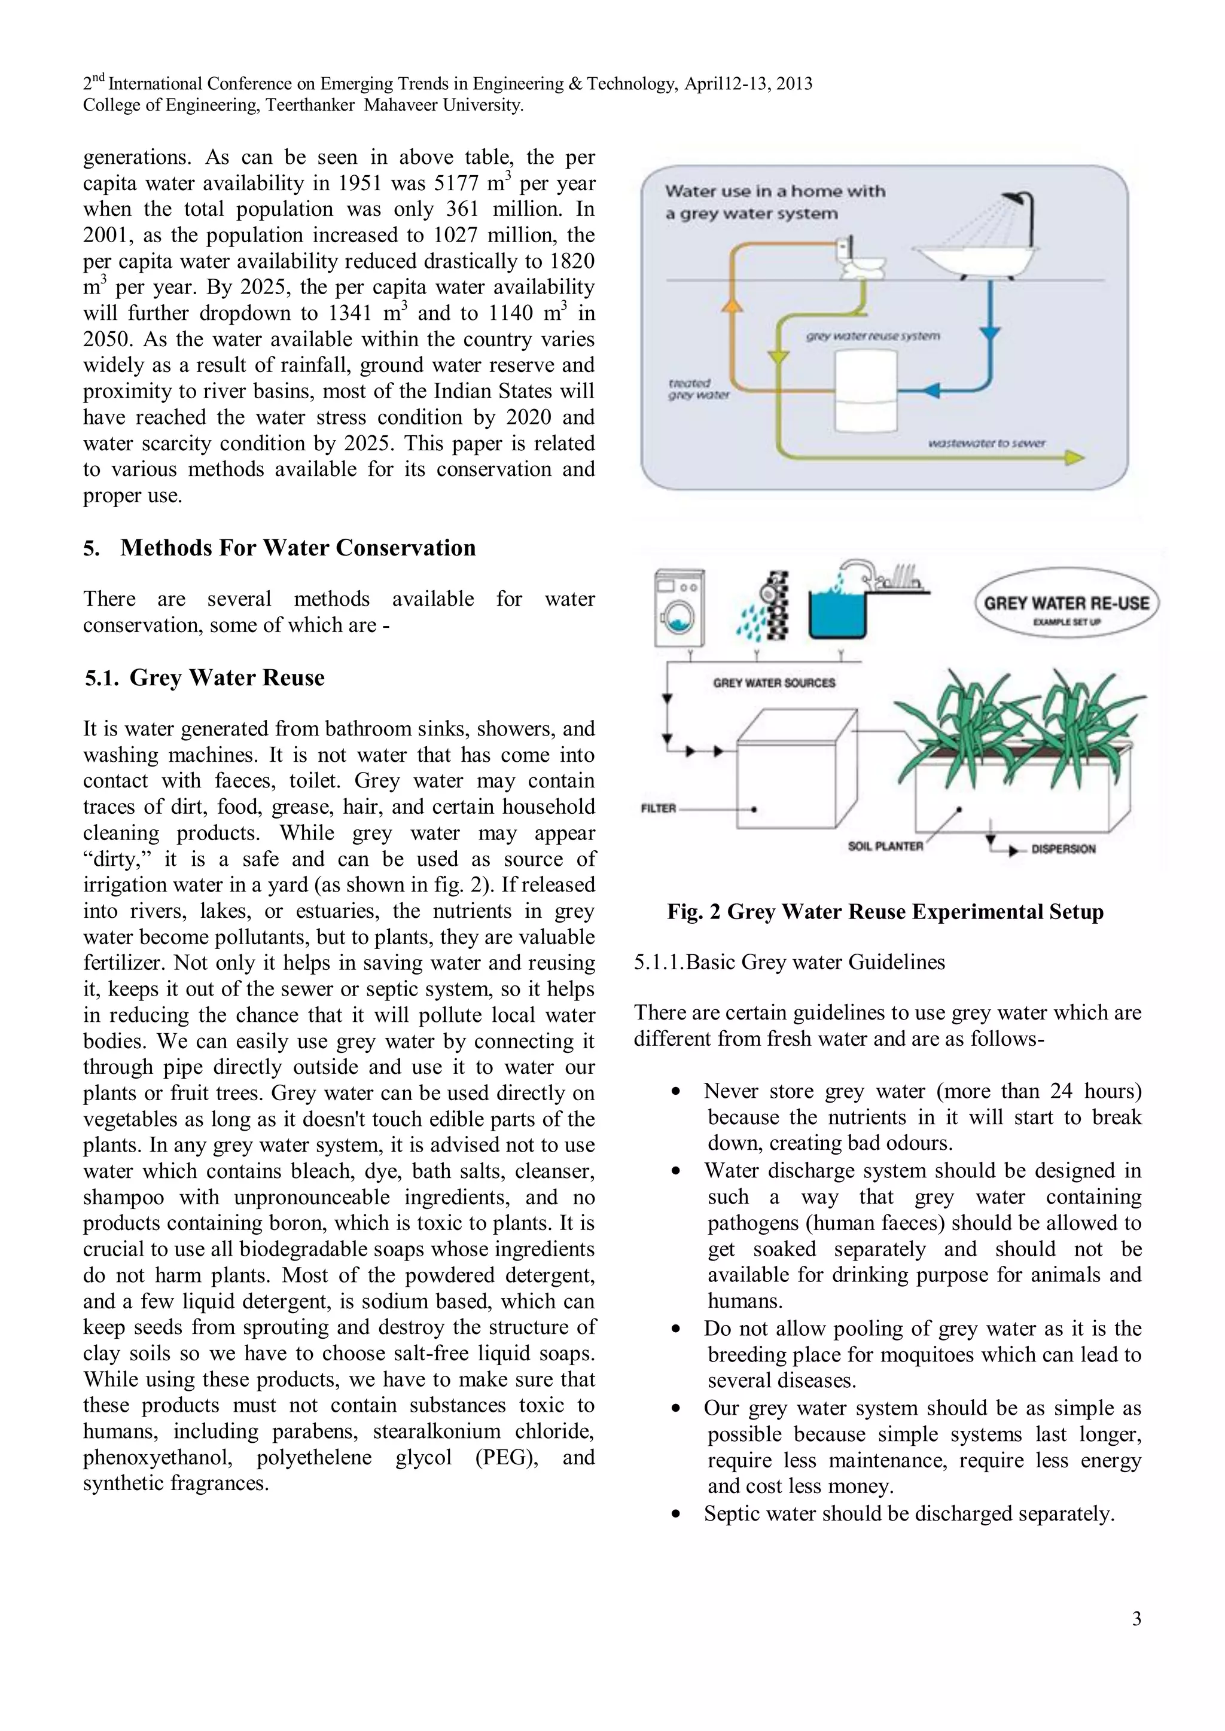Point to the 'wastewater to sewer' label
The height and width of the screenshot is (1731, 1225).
pos(986,443)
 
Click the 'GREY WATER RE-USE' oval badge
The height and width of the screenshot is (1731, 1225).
pos(1066,607)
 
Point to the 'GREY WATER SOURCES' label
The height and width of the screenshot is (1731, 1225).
pos(774,683)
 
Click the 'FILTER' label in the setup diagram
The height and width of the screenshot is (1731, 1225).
pos(658,809)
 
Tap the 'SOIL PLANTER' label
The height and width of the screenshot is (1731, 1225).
pos(885,847)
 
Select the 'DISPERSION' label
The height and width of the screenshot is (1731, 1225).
pos(1063,849)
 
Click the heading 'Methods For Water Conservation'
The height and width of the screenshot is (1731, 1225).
pos(298,548)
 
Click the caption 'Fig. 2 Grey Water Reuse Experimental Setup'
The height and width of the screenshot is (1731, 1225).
pos(885,912)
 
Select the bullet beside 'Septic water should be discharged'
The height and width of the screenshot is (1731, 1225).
pos(676,1515)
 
